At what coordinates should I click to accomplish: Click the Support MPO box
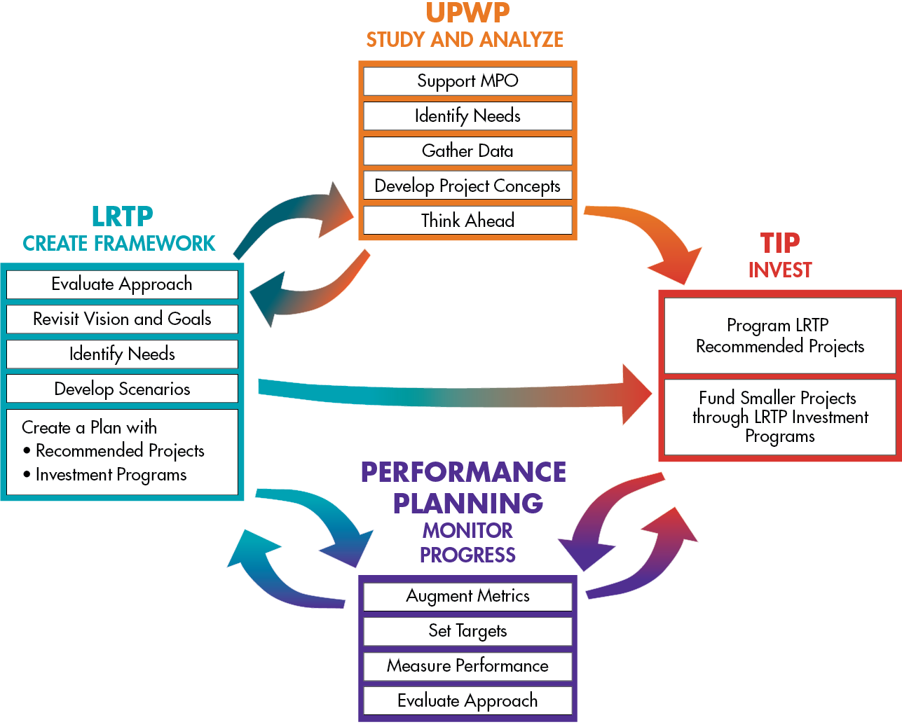(x=467, y=81)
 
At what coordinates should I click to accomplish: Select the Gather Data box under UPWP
(x=467, y=151)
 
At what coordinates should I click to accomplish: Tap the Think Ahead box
(x=467, y=221)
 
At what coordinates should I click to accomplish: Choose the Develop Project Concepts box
(x=467, y=186)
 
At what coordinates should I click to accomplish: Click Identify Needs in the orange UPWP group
(x=467, y=116)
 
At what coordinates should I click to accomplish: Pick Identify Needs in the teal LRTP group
(x=122, y=354)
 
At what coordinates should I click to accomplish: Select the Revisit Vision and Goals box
(x=122, y=319)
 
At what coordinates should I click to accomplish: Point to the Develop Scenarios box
(x=122, y=389)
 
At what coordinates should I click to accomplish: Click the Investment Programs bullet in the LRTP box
(x=111, y=475)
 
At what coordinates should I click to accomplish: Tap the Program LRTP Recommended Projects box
(x=779, y=335)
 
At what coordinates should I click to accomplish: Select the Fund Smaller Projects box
(x=779, y=417)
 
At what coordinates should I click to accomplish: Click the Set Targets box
(x=467, y=630)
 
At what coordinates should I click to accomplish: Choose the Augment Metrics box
(x=467, y=596)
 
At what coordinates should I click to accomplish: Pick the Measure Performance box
(x=467, y=665)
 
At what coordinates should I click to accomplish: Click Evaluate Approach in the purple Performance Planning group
(x=467, y=700)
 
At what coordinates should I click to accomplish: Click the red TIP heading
(x=779, y=243)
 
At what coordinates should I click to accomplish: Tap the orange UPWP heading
(x=467, y=13)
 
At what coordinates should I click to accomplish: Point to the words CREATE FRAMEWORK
(x=119, y=243)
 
